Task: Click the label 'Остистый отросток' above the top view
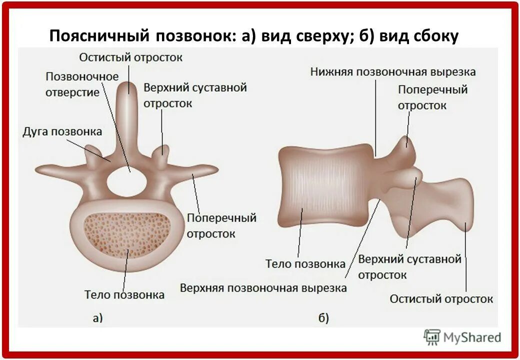click(131, 57)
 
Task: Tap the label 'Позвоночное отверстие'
click(82, 84)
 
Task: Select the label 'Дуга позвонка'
click(62, 131)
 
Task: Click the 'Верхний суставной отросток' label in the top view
click(195, 95)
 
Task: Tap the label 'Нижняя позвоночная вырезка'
click(392, 71)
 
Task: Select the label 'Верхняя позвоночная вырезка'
click(263, 288)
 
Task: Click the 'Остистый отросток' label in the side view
click(441, 299)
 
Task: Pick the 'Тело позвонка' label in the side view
click(305, 263)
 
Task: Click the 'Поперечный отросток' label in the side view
click(432, 97)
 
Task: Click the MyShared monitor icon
click(431, 337)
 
